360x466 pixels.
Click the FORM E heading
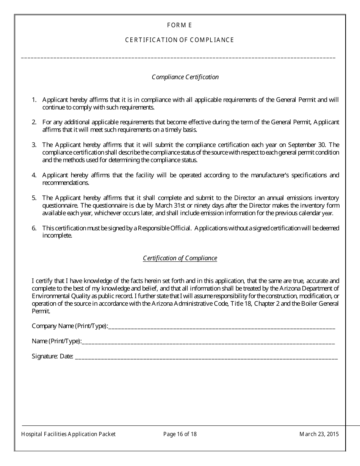(180, 25)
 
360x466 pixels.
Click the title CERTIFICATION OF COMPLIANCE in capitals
(180, 40)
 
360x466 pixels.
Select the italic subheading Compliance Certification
(185, 77)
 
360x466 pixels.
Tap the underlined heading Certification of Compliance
(180, 258)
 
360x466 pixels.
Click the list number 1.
(34, 100)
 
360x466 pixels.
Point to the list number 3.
(34, 145)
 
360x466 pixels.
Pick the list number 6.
(34, 228)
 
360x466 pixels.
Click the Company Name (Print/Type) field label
(70, 326)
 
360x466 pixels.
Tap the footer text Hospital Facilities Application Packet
(69, 434)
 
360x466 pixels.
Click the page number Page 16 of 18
(180, 434)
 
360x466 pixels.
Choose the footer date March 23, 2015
(319, 434)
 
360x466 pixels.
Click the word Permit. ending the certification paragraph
(41, 311)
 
